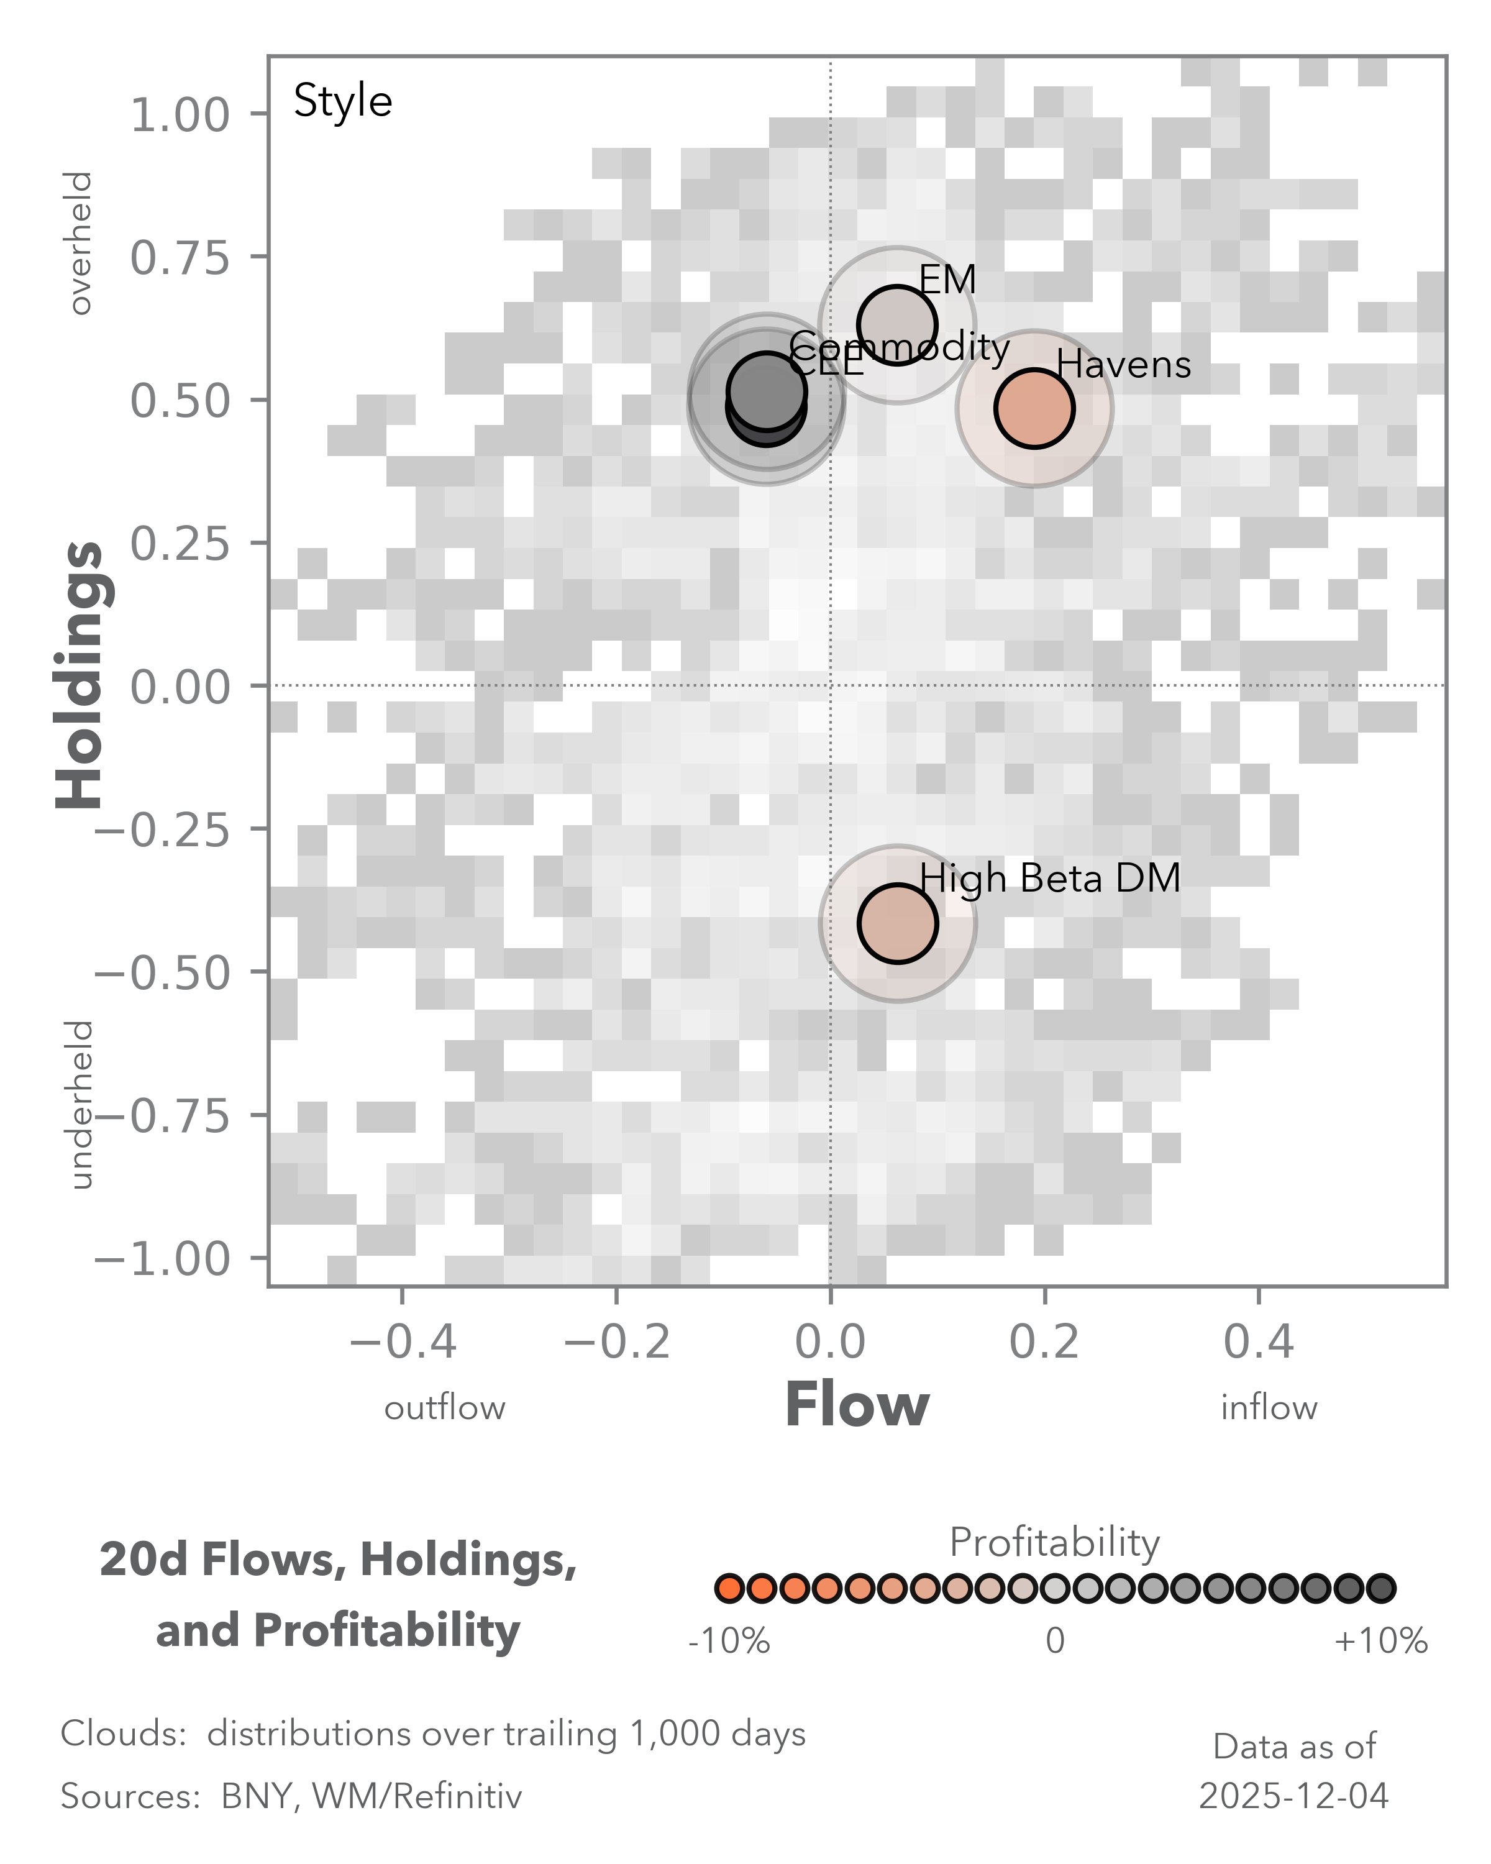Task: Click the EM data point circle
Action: (x=897, y=324)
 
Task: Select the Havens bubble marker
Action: (x=1034, y=408)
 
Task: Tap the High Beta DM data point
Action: (x=897, y=923)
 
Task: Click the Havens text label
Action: (x=1124, y=364)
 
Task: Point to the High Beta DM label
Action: (x=1049, y=879)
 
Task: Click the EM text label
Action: (x=947, y=279)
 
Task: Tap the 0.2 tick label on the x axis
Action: (x=1044, y=1342)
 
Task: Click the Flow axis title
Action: (x=857, y=1405)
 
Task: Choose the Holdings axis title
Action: (x=80, y=674)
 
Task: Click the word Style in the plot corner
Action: (x=342, y=101)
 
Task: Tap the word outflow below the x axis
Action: (x=444, y=1407)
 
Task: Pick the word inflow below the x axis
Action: (x=1268, y=1407)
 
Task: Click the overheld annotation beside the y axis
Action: (x=80, y=243)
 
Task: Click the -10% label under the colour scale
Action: (x=729, y=1641)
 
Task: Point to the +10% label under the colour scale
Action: (x=1380, y=1641)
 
